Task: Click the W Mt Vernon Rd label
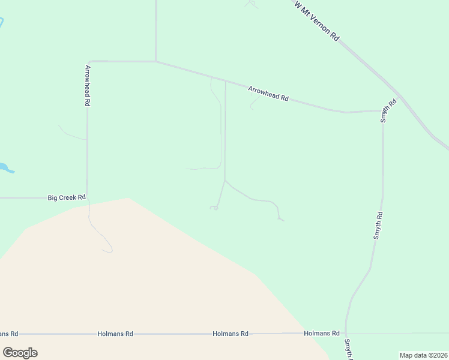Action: tap(317, 21)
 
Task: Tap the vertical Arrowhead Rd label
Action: tap(88, 85)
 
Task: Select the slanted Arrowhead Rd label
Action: tap(268, 94)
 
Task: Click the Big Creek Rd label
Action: tap(67, 197)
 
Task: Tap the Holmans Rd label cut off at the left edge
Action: tap(9, 334)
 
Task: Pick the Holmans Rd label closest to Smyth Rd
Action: tap(322, 333)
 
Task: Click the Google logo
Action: tap(20, 352)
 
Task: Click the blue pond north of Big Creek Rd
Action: tap(5, 167)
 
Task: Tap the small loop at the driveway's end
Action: tap(214, 208)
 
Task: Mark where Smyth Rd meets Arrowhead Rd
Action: tap(383, 111)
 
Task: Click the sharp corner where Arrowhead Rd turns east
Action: tap(88, 61)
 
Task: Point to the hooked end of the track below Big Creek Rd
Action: tap(109, 251)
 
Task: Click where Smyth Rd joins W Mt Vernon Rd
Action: tap(397, 96)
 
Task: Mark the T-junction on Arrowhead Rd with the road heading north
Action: tap(155, 61)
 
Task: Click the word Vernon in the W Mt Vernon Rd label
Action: tap(322, 25)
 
